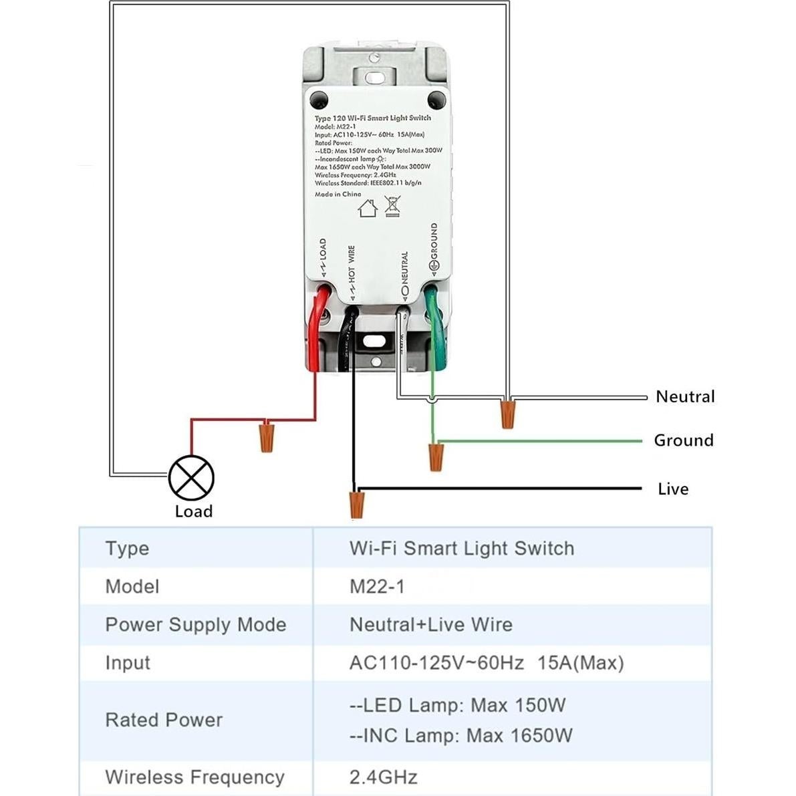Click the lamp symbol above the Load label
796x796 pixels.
point(191,477)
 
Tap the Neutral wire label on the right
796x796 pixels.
point(685,396)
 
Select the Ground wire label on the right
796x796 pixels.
point(684,440)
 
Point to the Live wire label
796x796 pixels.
point(673,489)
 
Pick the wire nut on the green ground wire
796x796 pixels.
point(436,456)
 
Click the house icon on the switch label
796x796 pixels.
point(368,208)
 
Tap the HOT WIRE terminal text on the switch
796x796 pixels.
point(352,265)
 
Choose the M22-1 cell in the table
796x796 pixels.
point(377,586)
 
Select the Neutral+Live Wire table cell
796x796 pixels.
point(430,624)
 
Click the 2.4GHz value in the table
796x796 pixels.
point(383,777)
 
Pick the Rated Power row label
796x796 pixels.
point(164,720)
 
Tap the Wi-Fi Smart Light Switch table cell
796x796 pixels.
point(461,548)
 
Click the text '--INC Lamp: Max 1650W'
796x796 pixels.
point(460,735)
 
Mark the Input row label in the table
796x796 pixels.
point(128,662)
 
